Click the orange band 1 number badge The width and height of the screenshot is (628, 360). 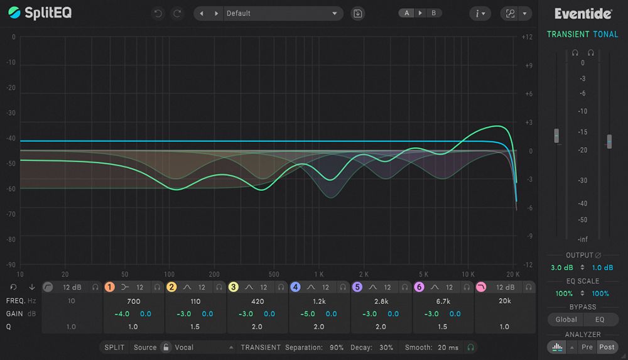[x=109, y=287]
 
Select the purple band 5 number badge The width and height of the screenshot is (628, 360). [x=357, y=287]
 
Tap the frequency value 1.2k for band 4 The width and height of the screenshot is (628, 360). [x=319, y=301]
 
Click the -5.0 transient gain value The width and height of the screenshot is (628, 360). [x=308, y=314]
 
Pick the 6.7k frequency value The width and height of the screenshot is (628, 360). [x=443, y=301]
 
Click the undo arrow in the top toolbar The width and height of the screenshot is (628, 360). [x=158, y=14]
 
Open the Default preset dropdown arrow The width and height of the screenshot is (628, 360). [x=335, y=14]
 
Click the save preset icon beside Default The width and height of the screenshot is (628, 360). [x=358, y=14]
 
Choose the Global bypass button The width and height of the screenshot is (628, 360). [x=566, y=320]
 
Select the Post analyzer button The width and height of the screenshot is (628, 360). [x=607, y=347]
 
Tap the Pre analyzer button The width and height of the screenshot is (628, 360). [x=587, y=347]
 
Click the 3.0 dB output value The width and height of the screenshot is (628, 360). [x=562, y=268]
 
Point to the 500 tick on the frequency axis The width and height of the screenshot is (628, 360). [x=274, y=275]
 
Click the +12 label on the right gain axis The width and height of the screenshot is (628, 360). [x=527, y=37]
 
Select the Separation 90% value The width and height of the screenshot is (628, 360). [x=337, y=347]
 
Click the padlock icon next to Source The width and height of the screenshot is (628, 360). [x=166, y=347]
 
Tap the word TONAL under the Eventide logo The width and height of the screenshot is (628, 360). [x=605, y=35]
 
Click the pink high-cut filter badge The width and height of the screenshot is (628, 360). [x=481, y=287]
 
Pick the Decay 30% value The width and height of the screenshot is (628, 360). [x=386, y=347]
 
